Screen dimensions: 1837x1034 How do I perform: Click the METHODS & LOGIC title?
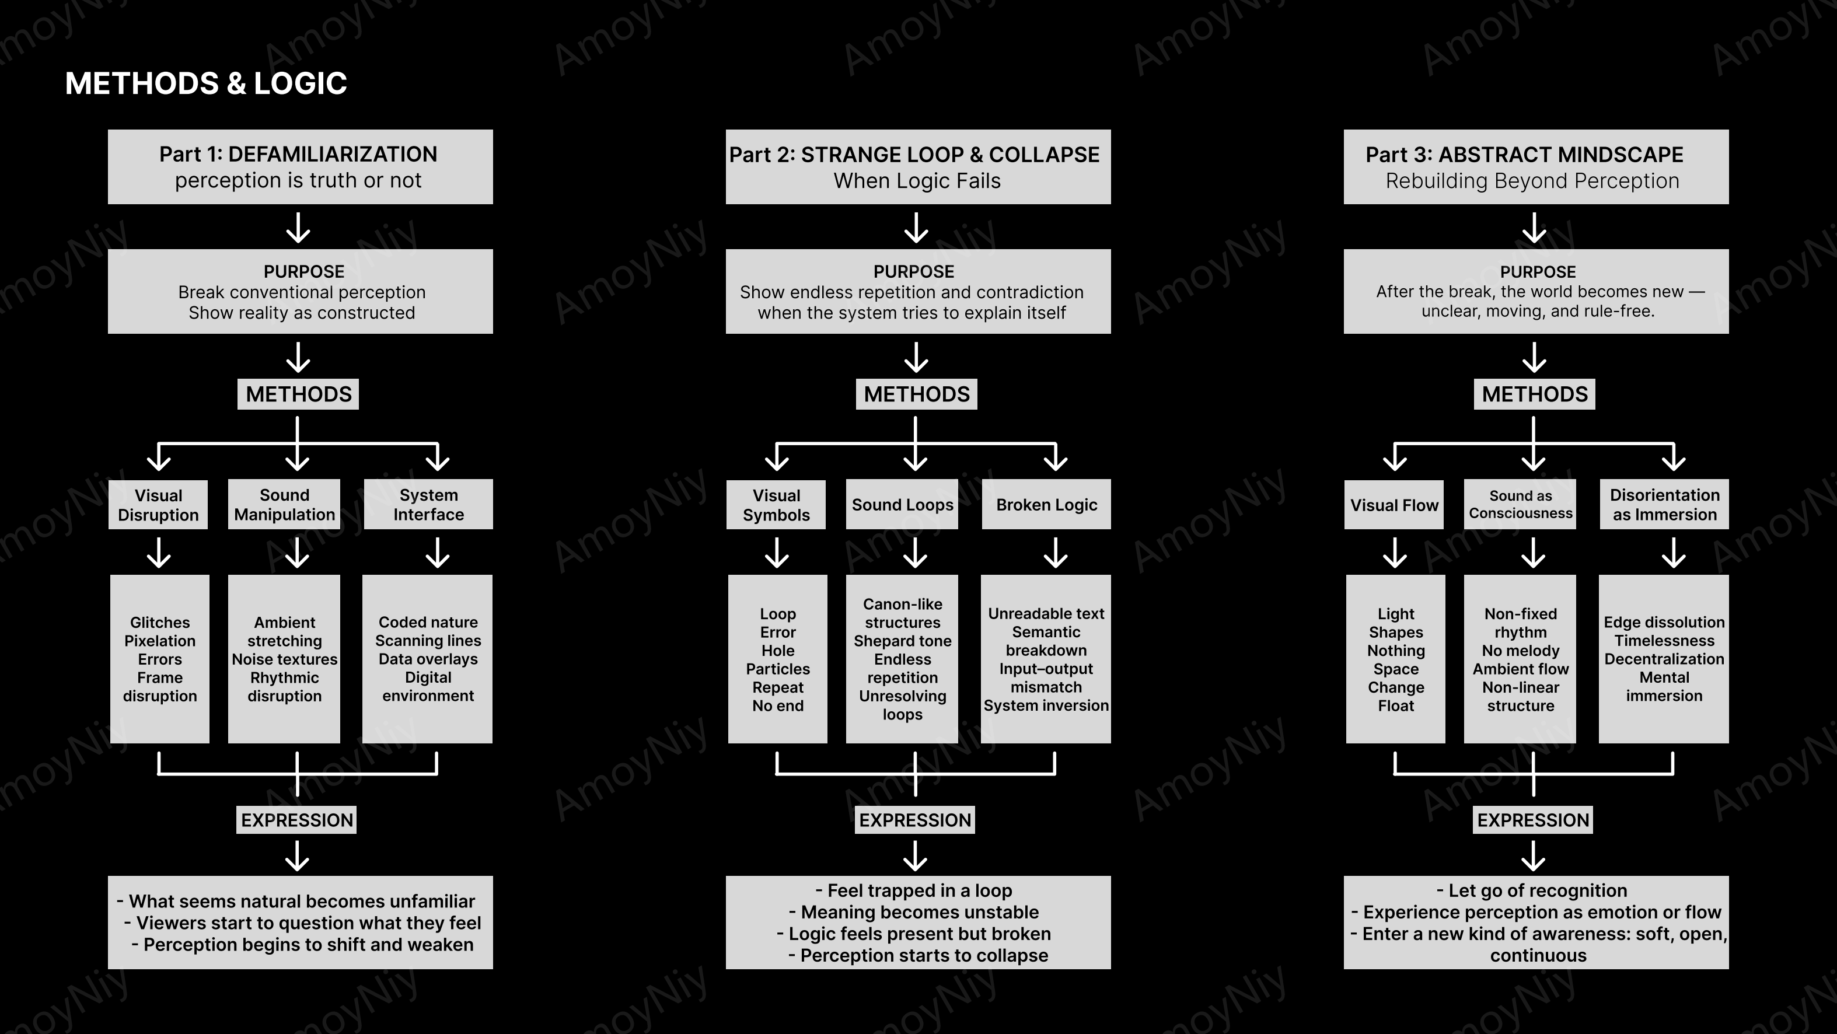point(206,83)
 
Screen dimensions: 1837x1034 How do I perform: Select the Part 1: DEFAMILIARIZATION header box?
point(300,167)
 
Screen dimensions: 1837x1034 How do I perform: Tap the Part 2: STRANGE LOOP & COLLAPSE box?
point(918,167)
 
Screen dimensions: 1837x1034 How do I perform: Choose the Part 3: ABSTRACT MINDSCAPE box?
point(1536,167)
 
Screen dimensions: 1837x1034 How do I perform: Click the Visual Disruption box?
point(158,505)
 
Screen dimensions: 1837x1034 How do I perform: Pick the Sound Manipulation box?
point(284,504)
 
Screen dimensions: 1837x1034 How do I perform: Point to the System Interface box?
point(428,504)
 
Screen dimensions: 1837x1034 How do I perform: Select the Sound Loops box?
point(902,504)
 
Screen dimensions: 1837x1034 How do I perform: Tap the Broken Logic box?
point(1046,504)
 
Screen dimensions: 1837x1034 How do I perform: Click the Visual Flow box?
point(1394,505)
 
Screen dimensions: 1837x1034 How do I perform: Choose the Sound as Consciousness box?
point(1520,504)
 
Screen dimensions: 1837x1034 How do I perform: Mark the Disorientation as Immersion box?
point(1664,504)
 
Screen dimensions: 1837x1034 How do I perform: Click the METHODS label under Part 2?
point(916,394)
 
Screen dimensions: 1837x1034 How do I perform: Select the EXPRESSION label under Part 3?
point(1533,820)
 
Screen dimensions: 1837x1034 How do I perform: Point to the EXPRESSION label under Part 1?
point(296,820)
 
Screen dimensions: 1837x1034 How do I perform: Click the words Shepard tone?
point(902,641)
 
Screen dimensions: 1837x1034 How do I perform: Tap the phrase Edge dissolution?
point(1664,623)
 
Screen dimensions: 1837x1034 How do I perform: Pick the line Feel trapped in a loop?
point(914,890)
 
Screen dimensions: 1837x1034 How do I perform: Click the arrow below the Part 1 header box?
point(298,228)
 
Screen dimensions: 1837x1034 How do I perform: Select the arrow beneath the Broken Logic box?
point(1056,553)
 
